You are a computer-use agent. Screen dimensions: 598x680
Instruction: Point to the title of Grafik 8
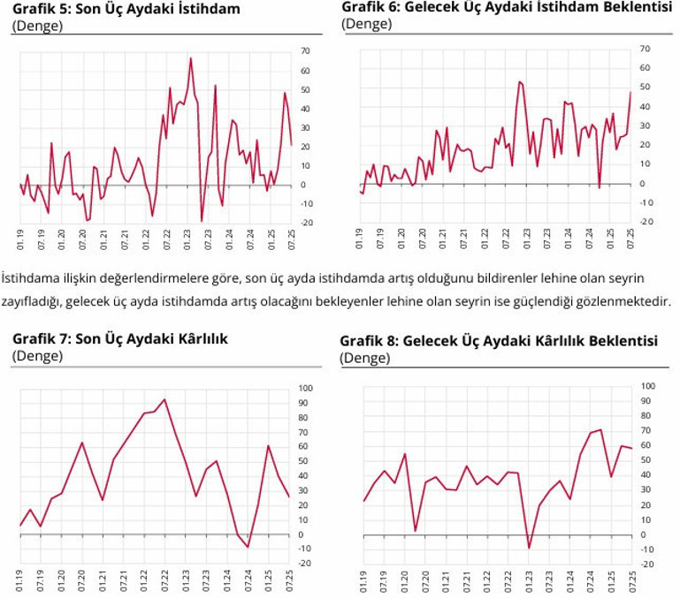(498, 340)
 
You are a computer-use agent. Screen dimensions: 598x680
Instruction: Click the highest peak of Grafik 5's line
(191, 58)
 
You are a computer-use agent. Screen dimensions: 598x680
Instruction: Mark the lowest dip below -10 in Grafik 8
(529, 549)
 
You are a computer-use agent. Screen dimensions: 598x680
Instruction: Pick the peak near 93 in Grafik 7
(164, 399)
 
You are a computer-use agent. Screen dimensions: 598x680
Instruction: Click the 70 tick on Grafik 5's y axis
(305, 49)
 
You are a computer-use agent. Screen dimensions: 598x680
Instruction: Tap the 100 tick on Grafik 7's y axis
(307, 389)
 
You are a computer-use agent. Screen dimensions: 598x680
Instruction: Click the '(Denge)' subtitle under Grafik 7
(37, 355)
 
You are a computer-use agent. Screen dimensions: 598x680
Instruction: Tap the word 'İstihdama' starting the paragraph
(30, 277)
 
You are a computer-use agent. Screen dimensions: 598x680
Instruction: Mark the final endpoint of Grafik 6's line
(630, 92)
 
